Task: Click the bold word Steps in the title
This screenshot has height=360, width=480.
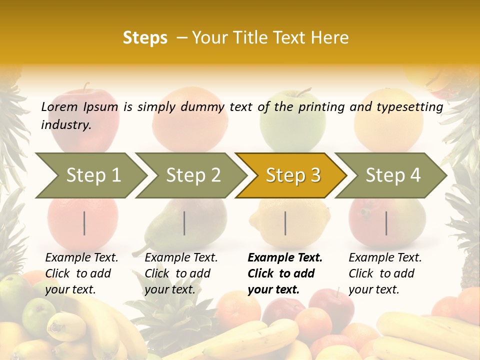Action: [x=145, y=38]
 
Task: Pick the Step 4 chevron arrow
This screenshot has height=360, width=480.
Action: [x=390, y=175]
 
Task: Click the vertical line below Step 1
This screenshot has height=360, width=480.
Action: [x=84, y=223]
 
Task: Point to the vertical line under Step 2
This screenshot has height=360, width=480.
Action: [x=184, y=223]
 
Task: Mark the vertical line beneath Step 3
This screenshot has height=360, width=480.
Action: [x=285, y=223]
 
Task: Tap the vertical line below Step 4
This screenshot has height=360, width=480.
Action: [x=386, y=223]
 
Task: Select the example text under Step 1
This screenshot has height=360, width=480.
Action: [x=81, y=273]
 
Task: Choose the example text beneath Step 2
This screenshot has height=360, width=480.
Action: [x=181, y=273]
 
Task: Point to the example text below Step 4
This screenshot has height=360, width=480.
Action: [x=385, y=273]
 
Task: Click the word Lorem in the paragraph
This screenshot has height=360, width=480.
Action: [x=59, y=106]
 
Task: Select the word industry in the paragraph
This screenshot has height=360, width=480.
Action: [x=65, y=124]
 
